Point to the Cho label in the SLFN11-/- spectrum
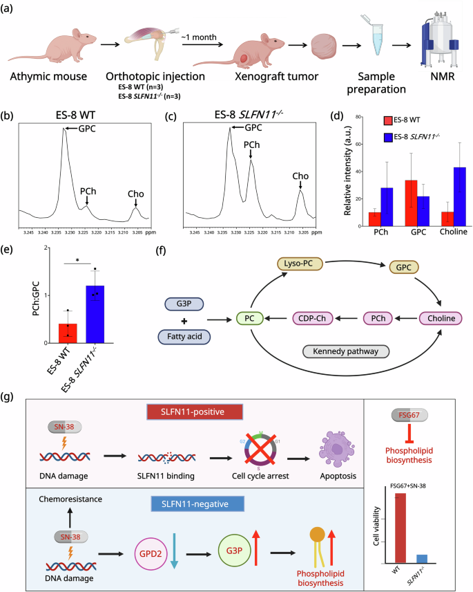tap(301, 176)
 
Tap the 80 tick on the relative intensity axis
tap(356, 118)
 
